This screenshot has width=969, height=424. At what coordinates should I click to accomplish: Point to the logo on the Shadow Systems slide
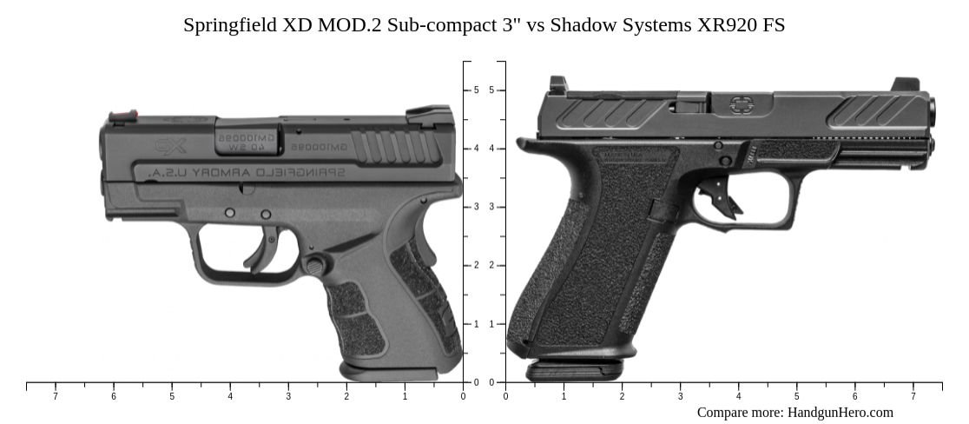[741, 105]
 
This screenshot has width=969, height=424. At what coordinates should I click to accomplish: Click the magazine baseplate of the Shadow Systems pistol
[574, 371]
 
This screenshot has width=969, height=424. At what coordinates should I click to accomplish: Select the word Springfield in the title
[229, 25]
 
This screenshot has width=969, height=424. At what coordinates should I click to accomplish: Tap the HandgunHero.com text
[840, 412]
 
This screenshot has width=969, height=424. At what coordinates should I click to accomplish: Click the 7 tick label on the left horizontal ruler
[56, 396]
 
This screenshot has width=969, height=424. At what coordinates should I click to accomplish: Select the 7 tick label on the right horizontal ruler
[913, 396]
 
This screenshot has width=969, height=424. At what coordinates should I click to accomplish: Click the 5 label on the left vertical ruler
[476, 90]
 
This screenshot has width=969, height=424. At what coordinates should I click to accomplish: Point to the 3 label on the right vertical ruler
[491, 207]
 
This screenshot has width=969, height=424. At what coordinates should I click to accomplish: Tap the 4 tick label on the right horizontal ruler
[738, 396]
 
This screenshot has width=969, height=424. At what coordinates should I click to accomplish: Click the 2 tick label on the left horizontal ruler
[346, 396]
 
